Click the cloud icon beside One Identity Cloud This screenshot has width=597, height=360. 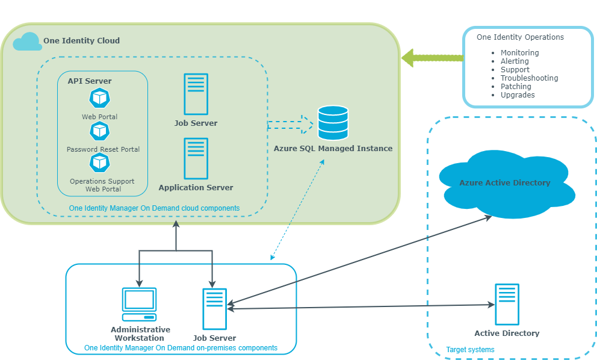(28, 42)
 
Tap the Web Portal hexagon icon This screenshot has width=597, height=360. (100, 98)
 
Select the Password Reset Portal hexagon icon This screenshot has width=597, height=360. (100, 131)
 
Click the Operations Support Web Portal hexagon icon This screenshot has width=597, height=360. (100, 163)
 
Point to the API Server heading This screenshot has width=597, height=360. (90, 81)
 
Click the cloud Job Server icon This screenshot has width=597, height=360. (196, 94)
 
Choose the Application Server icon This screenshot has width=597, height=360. (196, 158)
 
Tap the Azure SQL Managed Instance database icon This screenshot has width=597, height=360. (333, 123)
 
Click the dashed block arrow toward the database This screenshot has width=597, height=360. (290, 125)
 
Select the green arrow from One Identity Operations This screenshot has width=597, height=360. (433, 58)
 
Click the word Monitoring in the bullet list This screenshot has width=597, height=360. (520, 52)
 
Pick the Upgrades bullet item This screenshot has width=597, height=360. (518, 95)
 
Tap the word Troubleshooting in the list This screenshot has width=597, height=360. (529, 78)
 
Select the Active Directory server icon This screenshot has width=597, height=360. (507, 305)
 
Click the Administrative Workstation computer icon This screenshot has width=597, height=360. (140, 305)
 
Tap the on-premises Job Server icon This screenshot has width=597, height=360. (215, 309)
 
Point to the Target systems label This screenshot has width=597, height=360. (470, 350)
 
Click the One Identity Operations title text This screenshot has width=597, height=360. (520, 37)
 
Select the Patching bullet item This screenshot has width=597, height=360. (516, 87)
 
